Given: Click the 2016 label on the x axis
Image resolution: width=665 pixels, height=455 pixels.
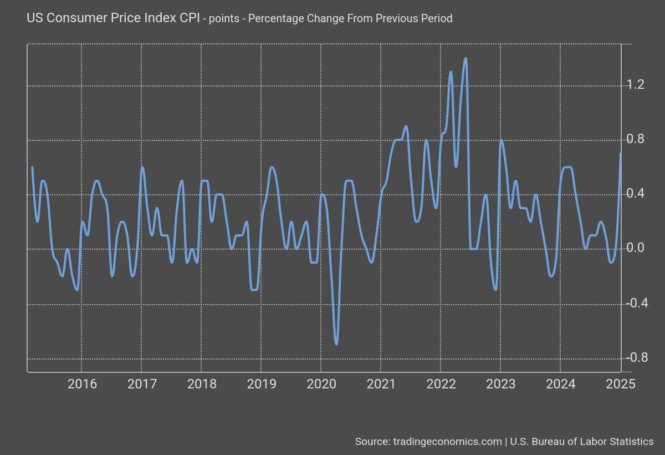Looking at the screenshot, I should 81,384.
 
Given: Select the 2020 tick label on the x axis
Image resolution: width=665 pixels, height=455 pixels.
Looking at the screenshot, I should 321,384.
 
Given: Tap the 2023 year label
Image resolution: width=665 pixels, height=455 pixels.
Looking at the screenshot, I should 500,384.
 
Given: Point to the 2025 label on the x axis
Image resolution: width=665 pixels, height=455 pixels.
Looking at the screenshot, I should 621,384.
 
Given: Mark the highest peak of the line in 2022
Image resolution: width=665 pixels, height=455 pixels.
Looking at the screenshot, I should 465,58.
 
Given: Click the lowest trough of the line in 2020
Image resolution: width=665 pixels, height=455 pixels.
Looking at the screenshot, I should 336,344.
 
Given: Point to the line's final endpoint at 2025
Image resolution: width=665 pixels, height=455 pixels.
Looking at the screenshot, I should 620,153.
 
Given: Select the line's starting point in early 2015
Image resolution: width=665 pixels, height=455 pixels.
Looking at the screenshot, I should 32,167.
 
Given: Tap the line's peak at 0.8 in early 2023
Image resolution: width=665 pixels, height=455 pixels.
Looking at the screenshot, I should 501,140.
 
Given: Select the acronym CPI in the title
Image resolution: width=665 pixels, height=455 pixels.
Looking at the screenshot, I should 188,18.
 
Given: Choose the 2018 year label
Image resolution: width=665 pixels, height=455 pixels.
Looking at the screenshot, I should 201,384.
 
